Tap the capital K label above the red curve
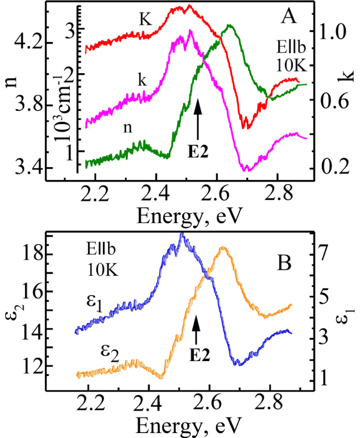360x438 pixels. pos(146,20)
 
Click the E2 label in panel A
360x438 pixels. pos(198,153)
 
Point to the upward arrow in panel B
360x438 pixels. pos(196,331)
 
